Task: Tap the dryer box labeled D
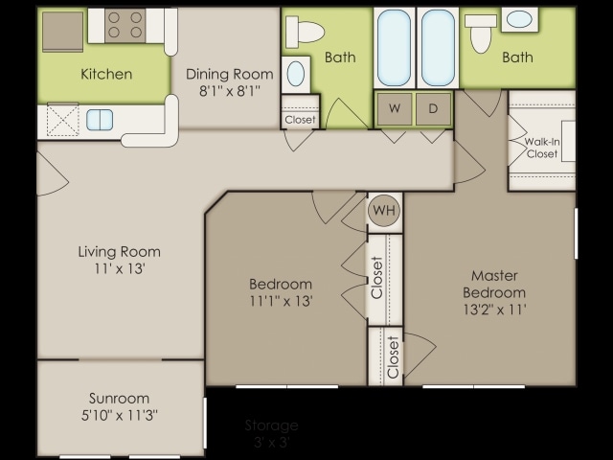click(x=433, y=109)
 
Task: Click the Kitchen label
click(x=106, y=74)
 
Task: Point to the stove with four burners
click(x=125, y=25)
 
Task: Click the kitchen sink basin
click(x=100, y=119)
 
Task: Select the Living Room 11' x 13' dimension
click(x=119, y=269)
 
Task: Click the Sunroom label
click(x=119, y=398)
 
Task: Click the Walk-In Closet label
click(x=542, y=148)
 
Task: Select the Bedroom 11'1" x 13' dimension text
click(x=281, y=300)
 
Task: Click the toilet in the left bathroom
click(x=306, y=32)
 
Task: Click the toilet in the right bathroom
click(x=481, y=31)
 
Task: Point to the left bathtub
click(x=394, y=48)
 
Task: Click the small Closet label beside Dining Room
click(x=300, y=120)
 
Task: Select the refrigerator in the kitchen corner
click(x=62, y=31)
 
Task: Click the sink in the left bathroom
click(x=297, y=73)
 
